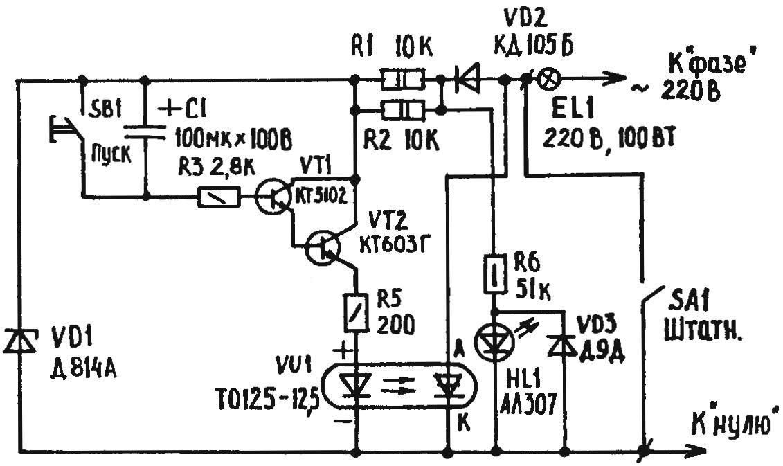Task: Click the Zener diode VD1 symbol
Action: tap(19, 341)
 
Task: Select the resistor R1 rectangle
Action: tap(403, 79)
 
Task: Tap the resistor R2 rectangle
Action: tap(403, 109)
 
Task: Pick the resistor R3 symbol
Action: tap(219, 197)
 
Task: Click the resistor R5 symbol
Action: tap(357, 313)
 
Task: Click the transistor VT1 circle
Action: tap(272, 197)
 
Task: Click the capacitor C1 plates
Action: tap(145, 131)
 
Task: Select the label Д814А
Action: tap(83, 370)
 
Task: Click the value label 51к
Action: tap(533, 291)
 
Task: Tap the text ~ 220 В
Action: tap(676, 91)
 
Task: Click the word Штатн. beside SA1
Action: tap(703, 330)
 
